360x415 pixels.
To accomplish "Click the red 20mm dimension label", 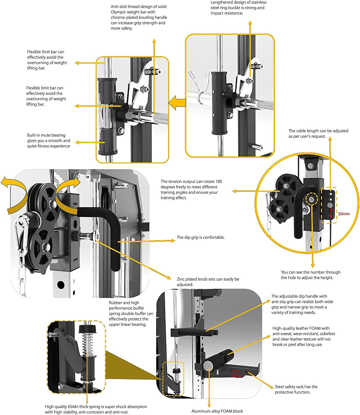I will [x=344, y=214].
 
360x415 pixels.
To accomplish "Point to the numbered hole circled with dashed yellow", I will [x=312, y=199].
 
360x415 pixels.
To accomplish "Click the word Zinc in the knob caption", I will [x=181, y=279].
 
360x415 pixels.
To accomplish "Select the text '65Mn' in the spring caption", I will [x=73, y=407].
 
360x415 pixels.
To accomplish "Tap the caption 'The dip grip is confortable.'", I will [x=200, y=237].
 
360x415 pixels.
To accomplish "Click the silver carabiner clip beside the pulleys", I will [x=21, y=235].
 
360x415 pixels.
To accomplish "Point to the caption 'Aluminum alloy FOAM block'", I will [x=217, y=411].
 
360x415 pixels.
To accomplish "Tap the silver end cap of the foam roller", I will [x=208, y=365].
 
